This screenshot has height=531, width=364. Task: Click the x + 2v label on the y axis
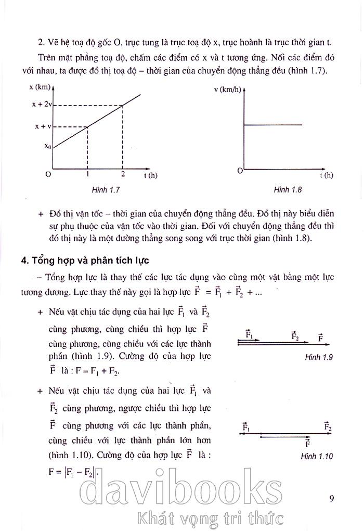pyautogui.click(x=41, y=105)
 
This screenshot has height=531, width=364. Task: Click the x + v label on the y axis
pyautogui.click(x=43, y=126)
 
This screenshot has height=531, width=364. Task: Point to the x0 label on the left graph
pyautogui.click(x=47, y=147)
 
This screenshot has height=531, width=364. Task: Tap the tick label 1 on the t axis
pyautogui.click(x=87, y=174)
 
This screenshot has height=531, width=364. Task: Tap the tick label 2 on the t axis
pyautogui.click(x=123, y=174)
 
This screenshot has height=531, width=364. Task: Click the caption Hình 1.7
pyautogui.click(x=106, y=190)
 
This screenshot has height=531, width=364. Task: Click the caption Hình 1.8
pyautogui.click(x=288, y=190)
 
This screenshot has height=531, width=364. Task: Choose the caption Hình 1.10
pyautogui.click(x=317, y=457)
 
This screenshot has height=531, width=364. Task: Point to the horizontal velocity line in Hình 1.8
pyautogui.click(x=273, y=125)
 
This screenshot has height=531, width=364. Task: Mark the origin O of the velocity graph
pyautogui.click(x=240, y=171)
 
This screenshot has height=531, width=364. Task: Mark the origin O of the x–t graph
pyautogui.click(x=48, y=174)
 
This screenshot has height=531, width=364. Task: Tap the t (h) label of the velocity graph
pyautogui.click(x=327, y=175)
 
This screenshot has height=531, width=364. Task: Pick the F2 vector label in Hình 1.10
pyautogui.click(x=328, y=426)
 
